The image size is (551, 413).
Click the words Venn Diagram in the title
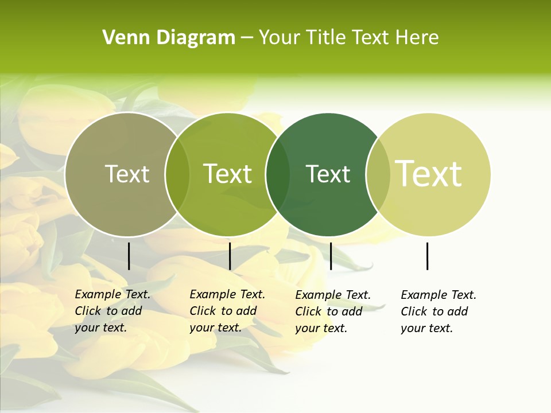(169, 38)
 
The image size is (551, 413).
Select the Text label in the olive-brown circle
(127, 174)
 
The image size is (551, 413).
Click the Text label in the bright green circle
(228, 174)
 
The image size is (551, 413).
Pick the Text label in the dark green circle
(328, 174)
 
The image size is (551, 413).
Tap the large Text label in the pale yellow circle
(429, 174)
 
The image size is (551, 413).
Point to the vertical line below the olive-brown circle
(129, 256)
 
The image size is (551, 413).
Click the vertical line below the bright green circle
(230, 256)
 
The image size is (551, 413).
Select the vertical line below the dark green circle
(331, 256)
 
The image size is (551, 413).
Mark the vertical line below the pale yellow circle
(428, 256)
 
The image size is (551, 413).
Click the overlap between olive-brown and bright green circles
(177, 174)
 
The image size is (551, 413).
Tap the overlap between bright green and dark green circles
(278, 174)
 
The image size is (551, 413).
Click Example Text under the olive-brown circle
(112, 294)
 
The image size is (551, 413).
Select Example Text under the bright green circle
(227, 294)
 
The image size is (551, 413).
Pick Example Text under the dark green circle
(333, 295)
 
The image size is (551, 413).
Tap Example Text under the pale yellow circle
(439, 295)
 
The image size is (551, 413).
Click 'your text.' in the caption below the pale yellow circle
(427, 328)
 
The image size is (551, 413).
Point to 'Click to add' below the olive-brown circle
(108, 311)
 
